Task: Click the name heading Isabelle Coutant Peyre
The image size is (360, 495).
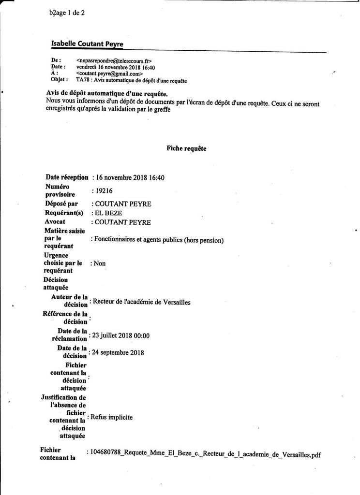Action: [87, 44]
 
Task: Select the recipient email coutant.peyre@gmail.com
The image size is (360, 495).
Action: [109, 74]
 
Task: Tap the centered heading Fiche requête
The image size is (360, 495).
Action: [186, 148]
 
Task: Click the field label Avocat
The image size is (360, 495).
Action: [57, 222]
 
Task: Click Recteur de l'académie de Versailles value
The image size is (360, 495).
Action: [141, 303]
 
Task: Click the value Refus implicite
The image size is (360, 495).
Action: [112, 417]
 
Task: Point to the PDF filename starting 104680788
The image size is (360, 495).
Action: [205, 454]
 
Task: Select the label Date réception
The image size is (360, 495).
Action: [67, 177]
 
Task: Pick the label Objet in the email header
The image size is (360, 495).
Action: [59, 80]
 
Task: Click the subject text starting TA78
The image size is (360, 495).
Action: [132, 80]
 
